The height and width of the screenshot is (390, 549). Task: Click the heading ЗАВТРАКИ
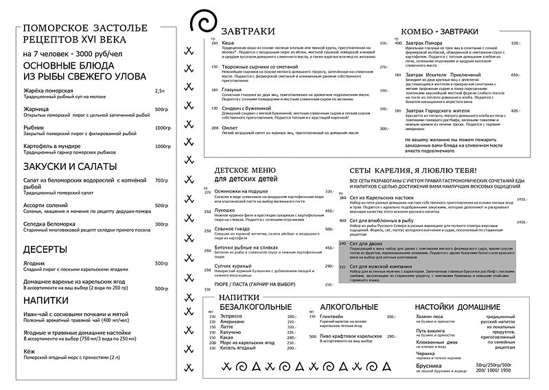(244, 31)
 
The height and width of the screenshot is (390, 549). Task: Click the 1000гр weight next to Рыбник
(162, 128)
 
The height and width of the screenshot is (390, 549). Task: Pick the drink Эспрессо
(232, 317)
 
